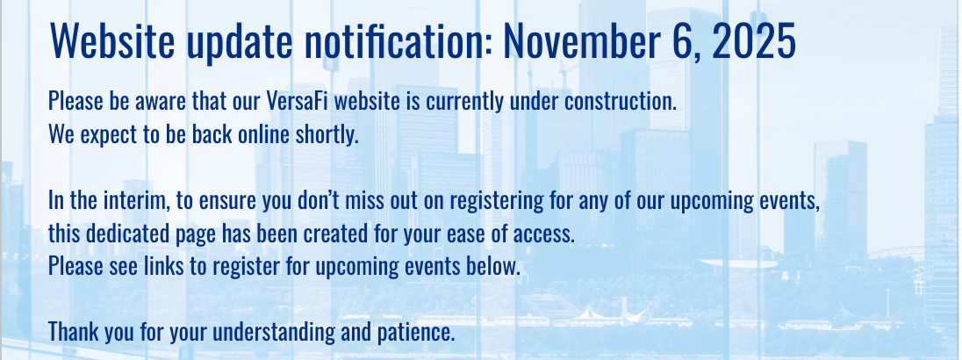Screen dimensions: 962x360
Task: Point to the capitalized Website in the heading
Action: tap(113, 41)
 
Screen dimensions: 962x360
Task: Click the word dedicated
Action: tap(126, 234)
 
